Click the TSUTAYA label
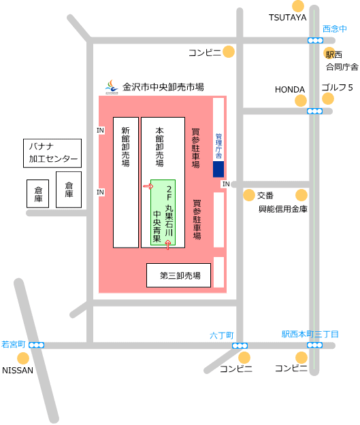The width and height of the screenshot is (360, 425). click(287, 18)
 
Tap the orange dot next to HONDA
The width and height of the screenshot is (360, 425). click(301, 101)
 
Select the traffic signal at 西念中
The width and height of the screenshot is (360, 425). click(315, 40)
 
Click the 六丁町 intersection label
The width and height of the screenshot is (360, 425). click(222, 335)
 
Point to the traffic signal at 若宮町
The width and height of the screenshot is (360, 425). click(36, 345)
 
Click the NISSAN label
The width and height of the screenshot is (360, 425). click(18, 370)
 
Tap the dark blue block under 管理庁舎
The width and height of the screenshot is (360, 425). click(218, 169)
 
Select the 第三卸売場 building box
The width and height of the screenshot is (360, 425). click(178, 275)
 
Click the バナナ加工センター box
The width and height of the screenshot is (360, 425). click(52, 153)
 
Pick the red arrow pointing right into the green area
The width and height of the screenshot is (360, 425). click(148, 186)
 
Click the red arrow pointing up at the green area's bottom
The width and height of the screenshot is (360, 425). click(168, 244)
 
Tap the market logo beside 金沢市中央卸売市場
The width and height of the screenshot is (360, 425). click(112, 87)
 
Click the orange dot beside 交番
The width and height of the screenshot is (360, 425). click(249, 195)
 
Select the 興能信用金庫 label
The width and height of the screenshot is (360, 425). click(283, 209)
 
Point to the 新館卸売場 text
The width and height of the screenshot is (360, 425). click(125, 147)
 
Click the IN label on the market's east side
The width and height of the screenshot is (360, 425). click(226, 184)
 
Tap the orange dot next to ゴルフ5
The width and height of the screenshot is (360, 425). click(328, 99)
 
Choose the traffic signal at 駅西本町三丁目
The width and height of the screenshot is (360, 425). click(314, 345)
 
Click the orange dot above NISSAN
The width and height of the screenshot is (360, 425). click(23, 358)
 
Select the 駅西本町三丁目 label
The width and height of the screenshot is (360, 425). click(310, 334)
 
